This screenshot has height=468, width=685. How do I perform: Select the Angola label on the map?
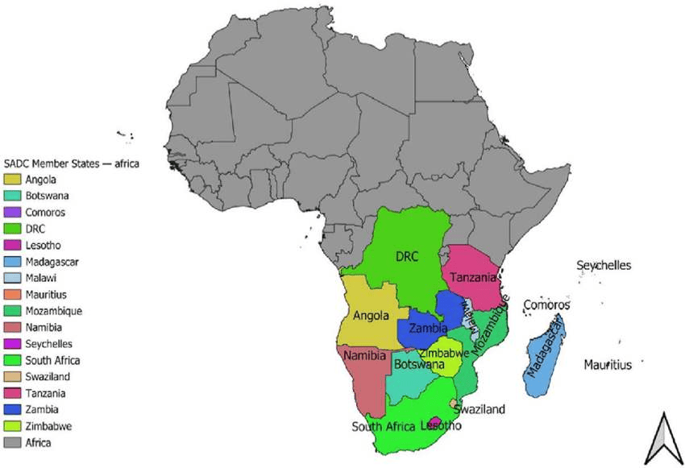(x=370, y=316)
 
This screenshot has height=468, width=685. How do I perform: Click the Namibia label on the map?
(x=364, y=355)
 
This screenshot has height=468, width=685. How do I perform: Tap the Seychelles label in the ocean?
(x=604, y=266)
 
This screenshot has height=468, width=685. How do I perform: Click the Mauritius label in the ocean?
(x=608, y=365)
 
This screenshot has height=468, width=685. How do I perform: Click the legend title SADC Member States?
(x=72, y=164)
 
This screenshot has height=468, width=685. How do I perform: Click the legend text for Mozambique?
(x=53, y=311)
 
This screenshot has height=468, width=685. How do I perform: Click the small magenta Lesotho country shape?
(x=434, y=423)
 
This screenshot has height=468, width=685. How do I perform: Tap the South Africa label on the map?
(x=384, y=427)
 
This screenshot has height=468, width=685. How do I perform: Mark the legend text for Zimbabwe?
(x=48, y=426)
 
